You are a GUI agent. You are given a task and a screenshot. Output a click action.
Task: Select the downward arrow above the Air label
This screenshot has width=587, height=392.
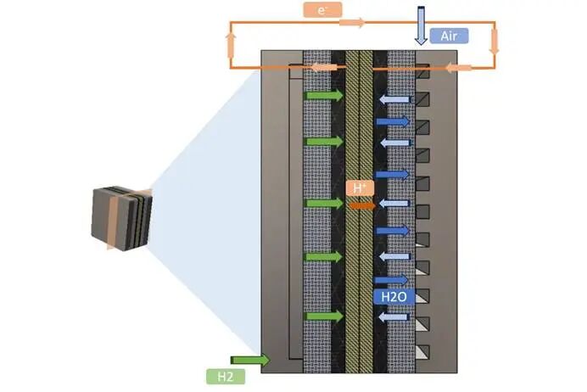point(422,25)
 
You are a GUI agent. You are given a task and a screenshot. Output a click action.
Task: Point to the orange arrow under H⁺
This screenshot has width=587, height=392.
point(362,204)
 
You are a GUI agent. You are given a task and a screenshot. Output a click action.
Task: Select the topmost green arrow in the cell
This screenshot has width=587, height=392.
point(324,96)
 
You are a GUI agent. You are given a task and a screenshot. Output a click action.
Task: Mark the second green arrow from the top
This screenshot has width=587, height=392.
point(324,141)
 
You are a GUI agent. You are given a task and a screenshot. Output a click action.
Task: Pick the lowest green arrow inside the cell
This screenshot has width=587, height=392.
point(324,316)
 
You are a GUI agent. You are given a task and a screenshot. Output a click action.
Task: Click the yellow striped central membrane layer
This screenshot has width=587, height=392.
point(360,255)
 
